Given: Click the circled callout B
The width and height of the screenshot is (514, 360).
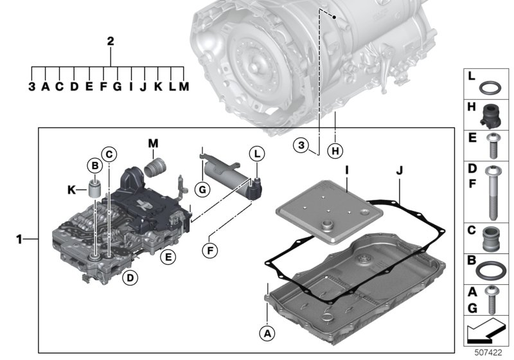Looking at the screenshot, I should click(95, 165).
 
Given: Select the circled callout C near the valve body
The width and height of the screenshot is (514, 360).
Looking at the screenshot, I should click(110, 154).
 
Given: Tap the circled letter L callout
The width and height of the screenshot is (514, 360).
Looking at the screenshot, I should click(256, 154).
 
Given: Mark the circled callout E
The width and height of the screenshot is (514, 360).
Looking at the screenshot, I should click(168, 256).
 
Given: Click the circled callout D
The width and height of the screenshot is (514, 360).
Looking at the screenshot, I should click(129, 278).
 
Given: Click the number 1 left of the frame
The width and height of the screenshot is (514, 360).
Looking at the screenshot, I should click(19, 240).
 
